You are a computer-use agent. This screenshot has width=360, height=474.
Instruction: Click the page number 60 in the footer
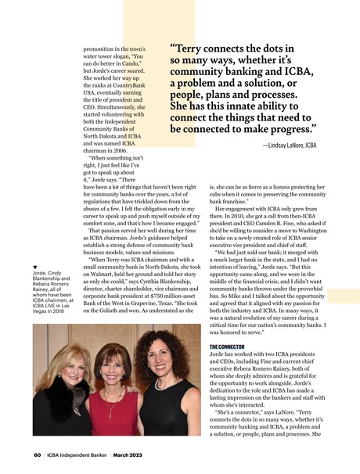(37, 454)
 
